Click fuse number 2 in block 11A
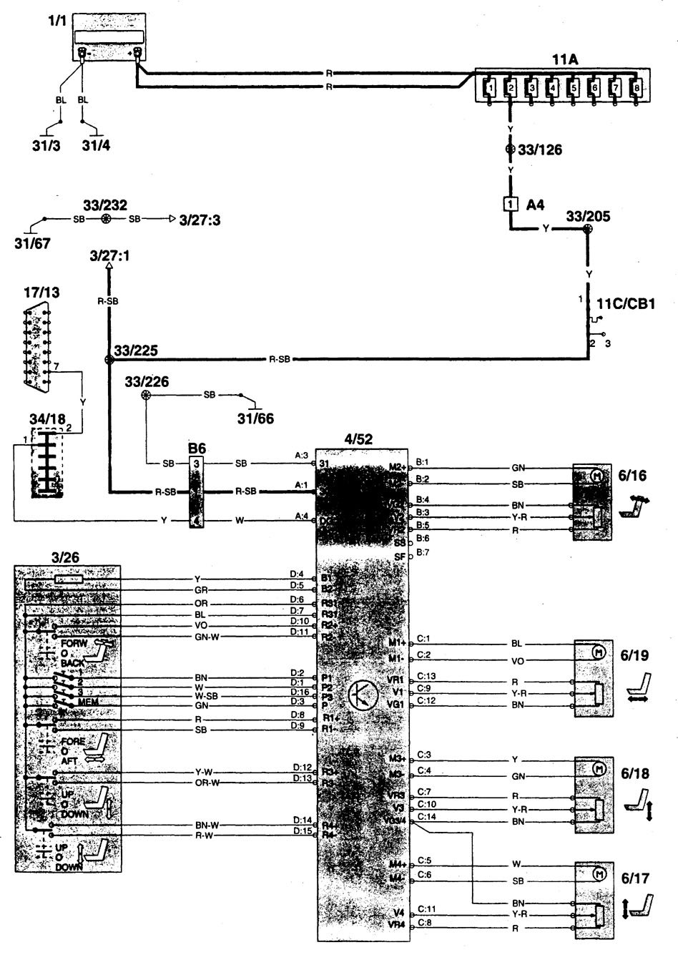pyautogui.click(x=510, y=88)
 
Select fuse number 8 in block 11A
pyautogui.click(x=635, y=88)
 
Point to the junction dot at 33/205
pyautogui.click(x=587, y=230)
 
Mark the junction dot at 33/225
pyautogui.click(x=109, y=360)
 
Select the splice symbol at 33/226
pyautogui.click(x=147, y=395)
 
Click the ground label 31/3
pyautogui.click(x=46, y=147)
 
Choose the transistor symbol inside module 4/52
pyautogui.click(x=363, y=694)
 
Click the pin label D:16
pyautogui.click(x=300, y=692)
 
